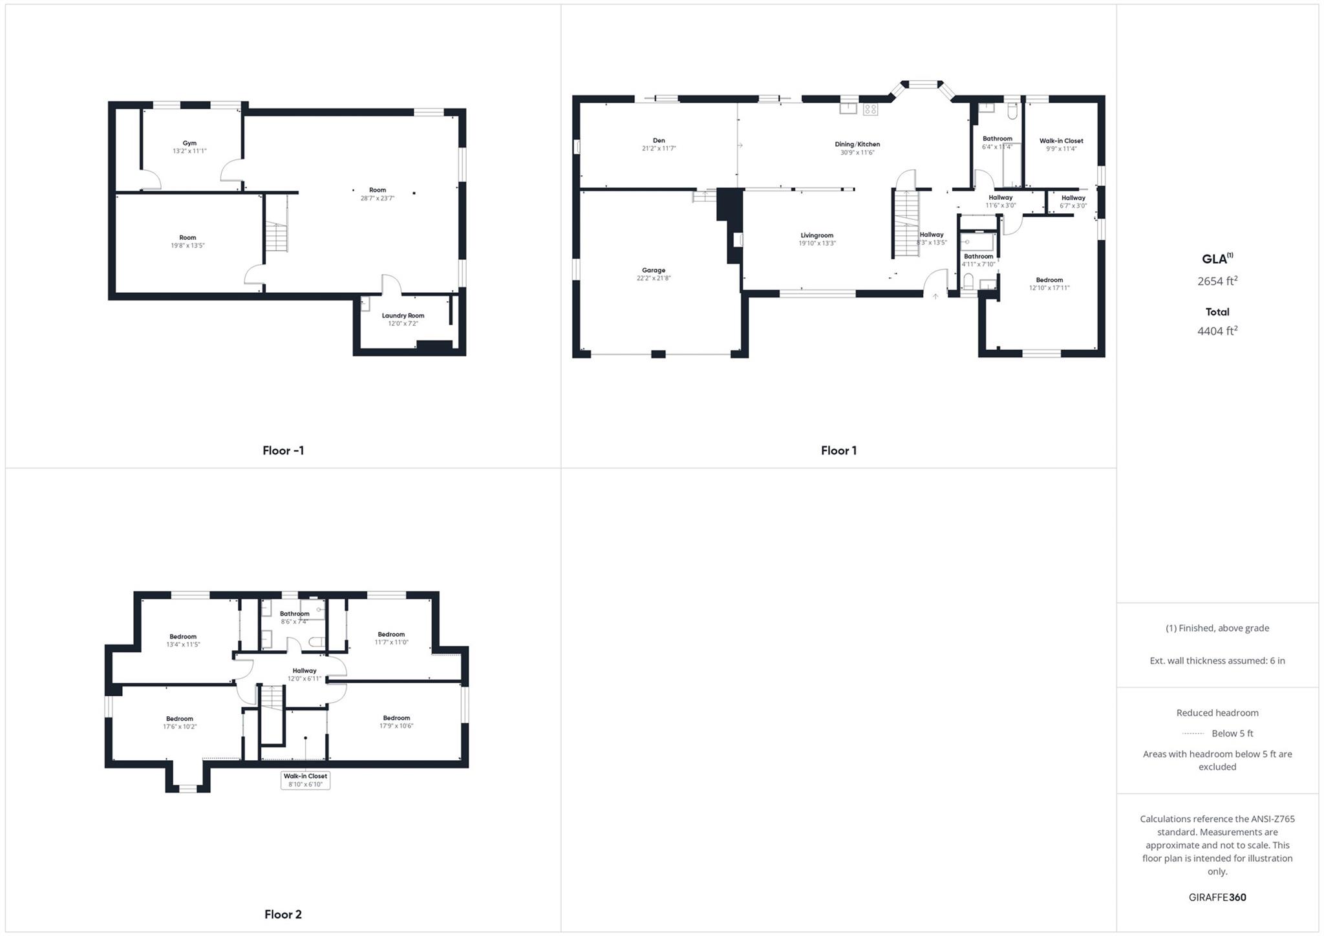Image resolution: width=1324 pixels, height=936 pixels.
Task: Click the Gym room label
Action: tap(189, 144)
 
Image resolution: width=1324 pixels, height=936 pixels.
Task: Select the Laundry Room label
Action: tap(403, 315)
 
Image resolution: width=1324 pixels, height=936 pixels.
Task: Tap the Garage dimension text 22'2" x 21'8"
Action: tap(654, 279)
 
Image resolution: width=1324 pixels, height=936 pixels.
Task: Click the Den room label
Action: tap(659, 140)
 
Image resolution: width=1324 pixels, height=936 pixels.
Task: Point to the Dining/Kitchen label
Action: tap(857, 144)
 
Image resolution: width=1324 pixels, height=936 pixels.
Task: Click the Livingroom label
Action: tap(817, 235)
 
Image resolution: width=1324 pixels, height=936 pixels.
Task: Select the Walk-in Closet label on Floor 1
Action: tap(1061, 141)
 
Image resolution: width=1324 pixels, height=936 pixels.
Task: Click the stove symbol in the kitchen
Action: tap(870, 109)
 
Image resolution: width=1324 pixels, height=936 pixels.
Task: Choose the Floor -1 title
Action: tap(283, 451)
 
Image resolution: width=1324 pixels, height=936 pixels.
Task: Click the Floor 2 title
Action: tap(283, 914)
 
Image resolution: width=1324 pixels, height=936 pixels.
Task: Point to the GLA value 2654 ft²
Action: tap(1217, 281)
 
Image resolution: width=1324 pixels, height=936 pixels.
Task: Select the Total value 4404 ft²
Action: tap(1217, 331)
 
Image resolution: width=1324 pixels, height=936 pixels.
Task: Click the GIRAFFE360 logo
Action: tap(1217, 897)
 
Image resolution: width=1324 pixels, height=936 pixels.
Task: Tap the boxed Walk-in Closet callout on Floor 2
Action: tap(305, 780)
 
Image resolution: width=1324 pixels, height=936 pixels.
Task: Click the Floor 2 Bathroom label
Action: tap(294, 613)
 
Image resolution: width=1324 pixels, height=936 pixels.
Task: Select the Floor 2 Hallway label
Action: tap(304, 670)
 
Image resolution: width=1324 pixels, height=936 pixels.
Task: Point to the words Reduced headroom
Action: tap(1217, 713)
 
